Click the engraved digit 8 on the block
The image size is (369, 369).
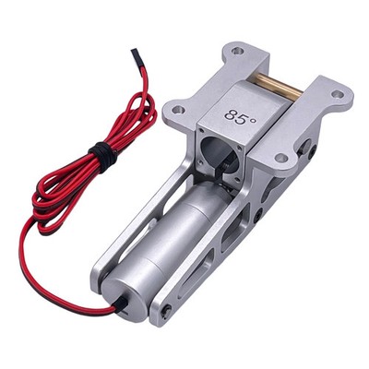pos(231,115)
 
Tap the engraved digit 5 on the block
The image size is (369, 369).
pos(242,119)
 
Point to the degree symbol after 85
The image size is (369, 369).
pos(253,121)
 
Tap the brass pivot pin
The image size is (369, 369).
pos(280,85)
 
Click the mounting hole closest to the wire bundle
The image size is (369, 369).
pos(178,109)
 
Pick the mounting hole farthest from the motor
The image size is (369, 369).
pos(237,51)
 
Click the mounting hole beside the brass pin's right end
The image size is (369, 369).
pos(338,94)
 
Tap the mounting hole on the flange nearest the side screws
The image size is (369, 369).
pos(281,159)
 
